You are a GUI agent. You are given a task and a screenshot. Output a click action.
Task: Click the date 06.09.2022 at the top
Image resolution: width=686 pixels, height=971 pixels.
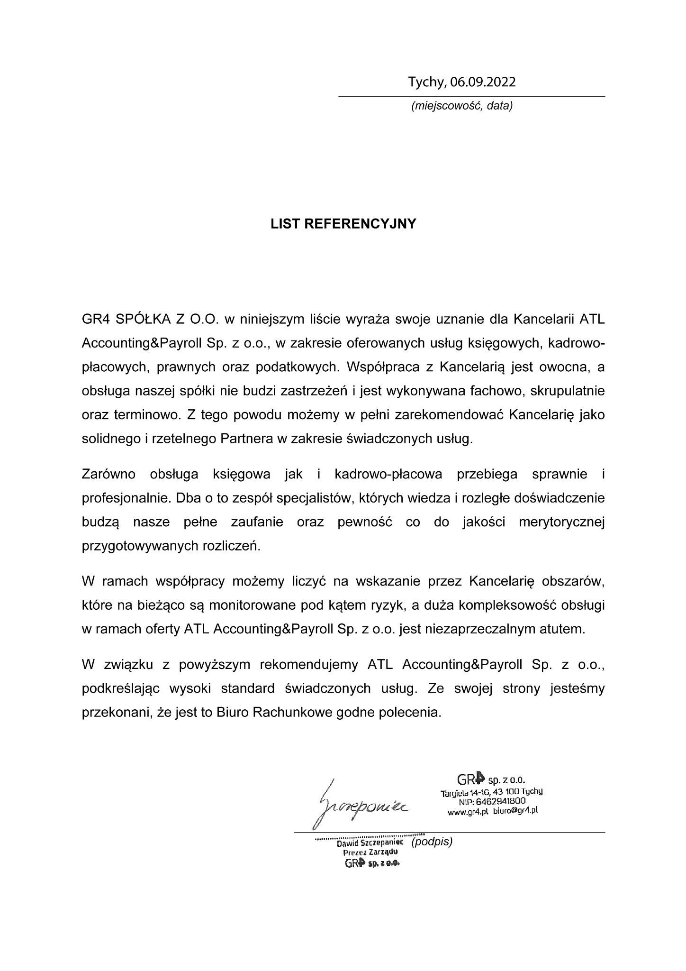[x=483, y=82]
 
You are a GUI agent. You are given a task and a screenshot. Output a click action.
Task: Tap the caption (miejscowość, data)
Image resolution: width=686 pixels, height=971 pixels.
[x=462, y=106]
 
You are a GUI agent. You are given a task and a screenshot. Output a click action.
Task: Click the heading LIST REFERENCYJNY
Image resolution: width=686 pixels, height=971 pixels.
[x=343, y=224]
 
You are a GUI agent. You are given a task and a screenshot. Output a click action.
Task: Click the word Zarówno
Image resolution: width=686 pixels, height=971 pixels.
[x=108, y=474]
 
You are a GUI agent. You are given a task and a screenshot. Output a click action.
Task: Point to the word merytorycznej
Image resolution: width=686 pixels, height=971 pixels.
[x=562, y=522]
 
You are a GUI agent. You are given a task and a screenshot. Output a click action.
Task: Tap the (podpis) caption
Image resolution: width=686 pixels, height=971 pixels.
[x=432, y=843]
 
